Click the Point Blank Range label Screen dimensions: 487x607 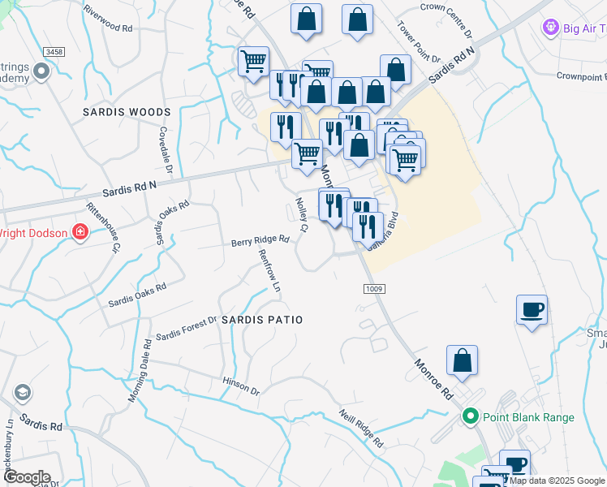(x=528, y=417)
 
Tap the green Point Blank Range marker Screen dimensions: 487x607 (x=470, y=417)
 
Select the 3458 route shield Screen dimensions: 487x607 (x=54, y=52)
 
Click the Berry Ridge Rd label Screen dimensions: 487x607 (x=260, y=241)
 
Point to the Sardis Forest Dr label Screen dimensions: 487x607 (x=187, y=329)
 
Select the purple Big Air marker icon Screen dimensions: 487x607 (x=552, y=29)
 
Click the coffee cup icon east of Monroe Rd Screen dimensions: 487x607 (x=532, y=309)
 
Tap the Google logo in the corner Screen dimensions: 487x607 (x=26, y=477)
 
